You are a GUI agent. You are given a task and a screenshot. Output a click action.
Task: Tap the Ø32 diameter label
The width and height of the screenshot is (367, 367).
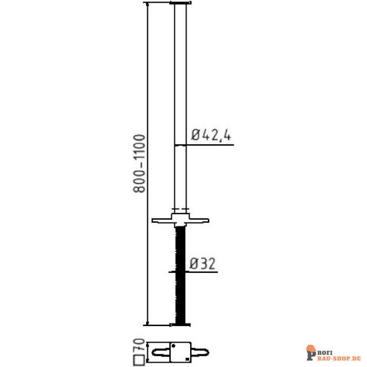pos(202,264)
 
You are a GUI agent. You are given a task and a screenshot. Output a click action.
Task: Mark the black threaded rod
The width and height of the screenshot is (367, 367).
pos(180,275)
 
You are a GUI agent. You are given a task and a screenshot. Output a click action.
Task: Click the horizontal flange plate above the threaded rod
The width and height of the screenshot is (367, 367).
pos(180,218)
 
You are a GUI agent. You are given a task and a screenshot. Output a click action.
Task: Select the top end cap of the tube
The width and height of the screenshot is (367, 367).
pos(180,4)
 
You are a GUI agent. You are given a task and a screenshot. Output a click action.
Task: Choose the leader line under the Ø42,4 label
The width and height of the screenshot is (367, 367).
pos(205,145)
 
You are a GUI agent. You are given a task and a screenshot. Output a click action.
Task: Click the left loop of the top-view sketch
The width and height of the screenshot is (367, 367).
pos(160,352)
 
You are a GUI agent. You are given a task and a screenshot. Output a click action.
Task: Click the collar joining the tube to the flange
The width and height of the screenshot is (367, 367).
pos(180,211)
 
